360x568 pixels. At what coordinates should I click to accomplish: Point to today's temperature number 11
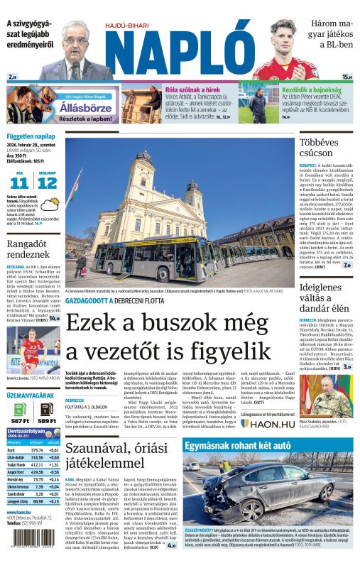click(x=19, y=182)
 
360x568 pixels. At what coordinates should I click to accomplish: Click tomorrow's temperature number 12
click(x=47, y=182)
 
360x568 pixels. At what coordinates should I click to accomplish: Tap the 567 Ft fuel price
click(x=20, y=420)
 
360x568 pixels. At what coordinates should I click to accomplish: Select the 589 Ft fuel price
click(x=47, y=420)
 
